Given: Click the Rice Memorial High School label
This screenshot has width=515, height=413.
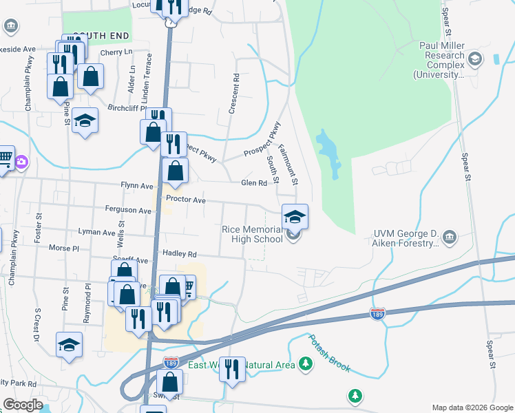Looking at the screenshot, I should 252,234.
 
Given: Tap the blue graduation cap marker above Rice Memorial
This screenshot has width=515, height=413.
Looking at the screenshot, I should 295,217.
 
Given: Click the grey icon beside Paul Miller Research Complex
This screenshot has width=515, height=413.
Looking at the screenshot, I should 474,60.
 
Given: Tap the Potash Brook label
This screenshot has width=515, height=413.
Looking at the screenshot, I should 329,353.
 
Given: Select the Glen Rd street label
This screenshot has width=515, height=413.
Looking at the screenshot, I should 253,183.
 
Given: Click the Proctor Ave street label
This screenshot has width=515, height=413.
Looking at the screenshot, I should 186,200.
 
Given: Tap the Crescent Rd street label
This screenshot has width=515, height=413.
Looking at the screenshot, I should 235,94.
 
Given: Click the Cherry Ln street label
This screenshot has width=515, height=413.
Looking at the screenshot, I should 116,52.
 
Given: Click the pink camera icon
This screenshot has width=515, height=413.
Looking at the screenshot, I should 21,162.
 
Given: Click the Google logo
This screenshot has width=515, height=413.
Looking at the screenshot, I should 23,405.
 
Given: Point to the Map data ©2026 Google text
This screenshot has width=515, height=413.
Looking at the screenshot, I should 472,407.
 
